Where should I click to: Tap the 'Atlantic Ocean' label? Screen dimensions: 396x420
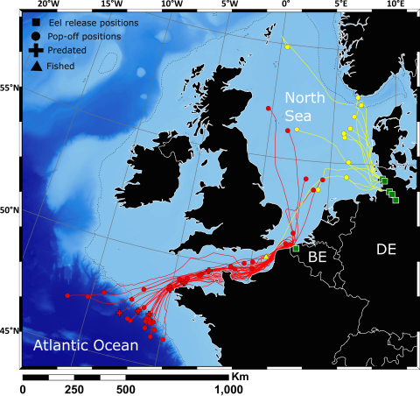pos(86,345)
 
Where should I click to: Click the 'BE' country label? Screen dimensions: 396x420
pos(317,258)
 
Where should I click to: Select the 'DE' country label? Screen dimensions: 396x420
pos(386,250)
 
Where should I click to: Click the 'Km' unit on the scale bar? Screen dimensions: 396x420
pos(241,375)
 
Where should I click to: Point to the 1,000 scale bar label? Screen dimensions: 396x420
pos(228,389)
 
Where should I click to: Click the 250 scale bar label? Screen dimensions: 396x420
pos(74,389)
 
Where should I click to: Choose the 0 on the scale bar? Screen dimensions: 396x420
pos(23,389)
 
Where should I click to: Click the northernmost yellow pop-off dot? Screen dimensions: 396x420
pos(287,46)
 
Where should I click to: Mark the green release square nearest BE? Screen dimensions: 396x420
pos(296,250)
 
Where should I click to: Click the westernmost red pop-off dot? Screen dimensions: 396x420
pos(66,296)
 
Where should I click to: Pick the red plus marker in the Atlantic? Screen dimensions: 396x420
pos(119,313)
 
